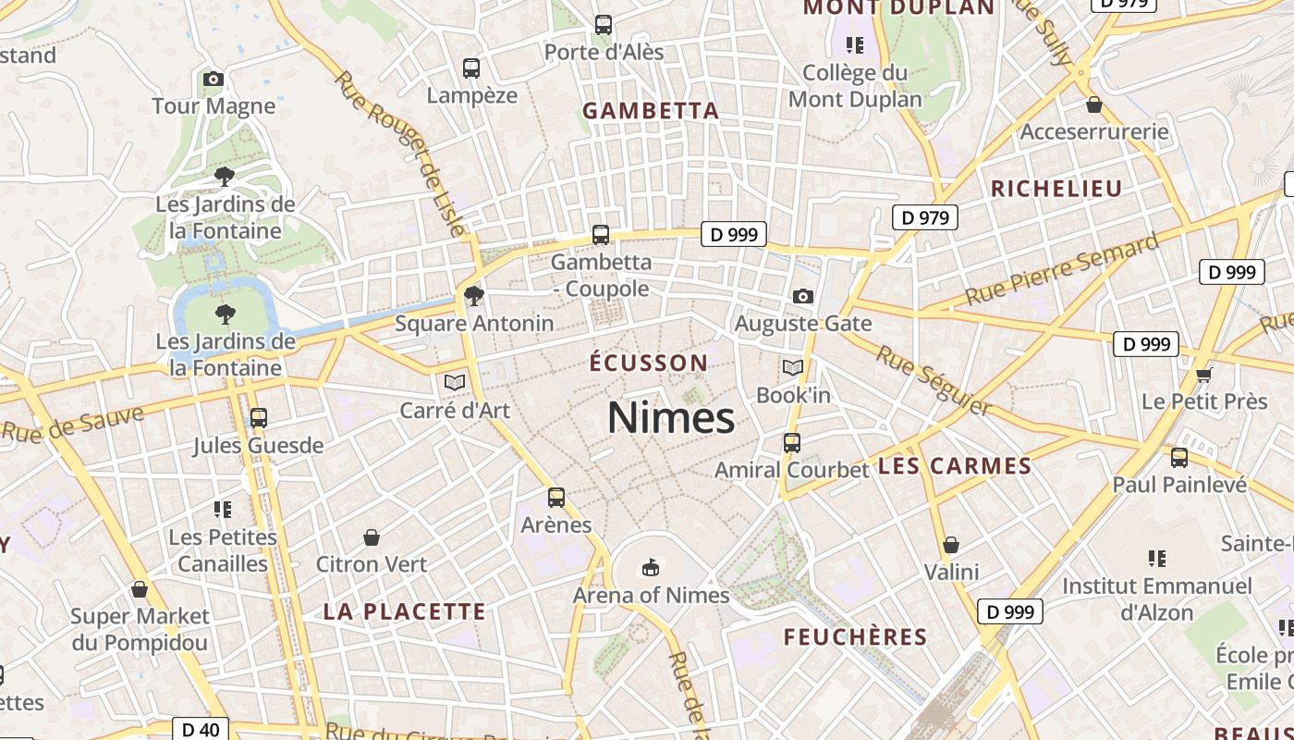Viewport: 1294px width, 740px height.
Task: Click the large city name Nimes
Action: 671,418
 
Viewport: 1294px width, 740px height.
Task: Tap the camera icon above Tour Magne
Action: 214,80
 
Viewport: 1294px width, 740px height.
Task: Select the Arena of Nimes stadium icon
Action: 651,567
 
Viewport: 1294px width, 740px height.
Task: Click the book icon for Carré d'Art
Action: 454,382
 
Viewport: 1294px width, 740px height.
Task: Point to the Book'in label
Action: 793,395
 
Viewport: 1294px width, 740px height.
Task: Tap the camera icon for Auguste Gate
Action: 803,296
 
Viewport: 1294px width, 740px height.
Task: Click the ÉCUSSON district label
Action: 649,363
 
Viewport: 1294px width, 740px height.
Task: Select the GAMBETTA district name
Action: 651,111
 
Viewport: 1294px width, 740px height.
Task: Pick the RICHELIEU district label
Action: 1056,189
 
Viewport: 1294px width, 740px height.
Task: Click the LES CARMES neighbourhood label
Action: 955,465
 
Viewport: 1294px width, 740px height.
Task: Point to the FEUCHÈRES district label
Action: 855,636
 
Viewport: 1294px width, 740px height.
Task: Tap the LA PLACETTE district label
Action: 404,611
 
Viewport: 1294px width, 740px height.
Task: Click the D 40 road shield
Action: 201,729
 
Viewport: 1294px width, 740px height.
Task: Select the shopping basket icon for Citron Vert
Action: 372,537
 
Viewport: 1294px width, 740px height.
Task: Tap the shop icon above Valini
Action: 951,545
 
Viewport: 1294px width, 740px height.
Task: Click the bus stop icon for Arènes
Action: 556,498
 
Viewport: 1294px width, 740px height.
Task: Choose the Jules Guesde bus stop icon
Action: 259,418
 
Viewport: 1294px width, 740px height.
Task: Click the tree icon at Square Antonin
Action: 474,296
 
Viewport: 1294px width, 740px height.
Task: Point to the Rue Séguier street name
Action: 934,380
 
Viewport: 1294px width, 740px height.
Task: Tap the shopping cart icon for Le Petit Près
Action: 1203,375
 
